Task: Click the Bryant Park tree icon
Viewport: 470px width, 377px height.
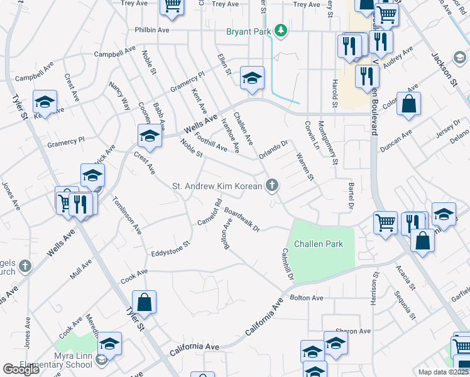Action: (282, 30)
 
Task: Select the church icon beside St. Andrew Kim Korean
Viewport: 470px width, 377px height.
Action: (271, 185)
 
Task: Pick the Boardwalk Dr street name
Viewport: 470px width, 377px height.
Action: (242, 220)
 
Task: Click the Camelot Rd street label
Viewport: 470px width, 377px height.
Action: (210, 212)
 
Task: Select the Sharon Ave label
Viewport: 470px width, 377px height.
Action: (353, 331)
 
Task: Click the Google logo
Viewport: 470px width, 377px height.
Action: (21, 369)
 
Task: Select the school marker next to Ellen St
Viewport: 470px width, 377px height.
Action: (253, 78)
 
